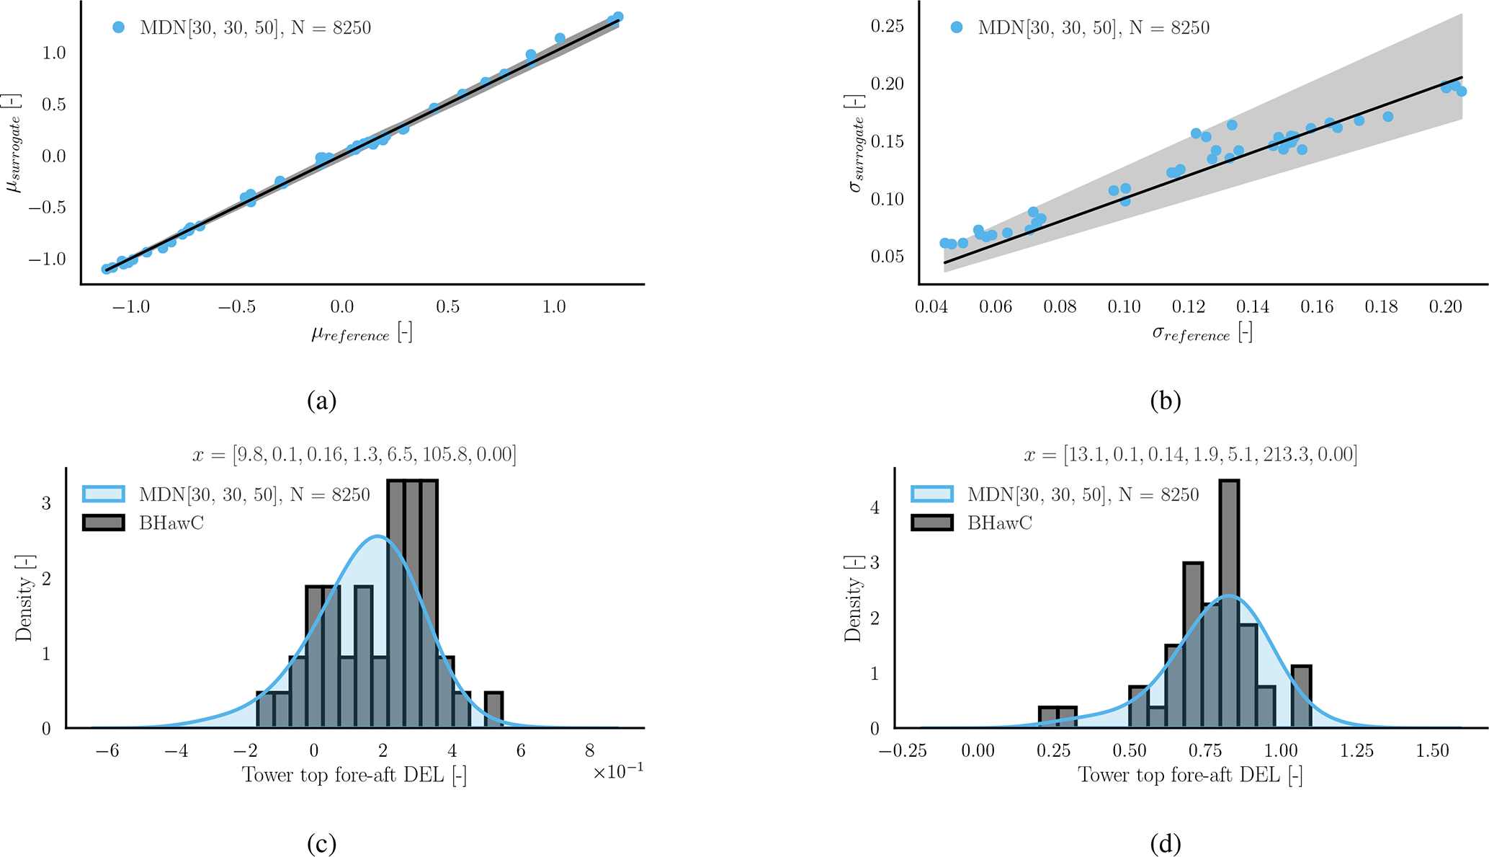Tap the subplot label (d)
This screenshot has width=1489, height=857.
pyautogui.click(x=1166, y=843)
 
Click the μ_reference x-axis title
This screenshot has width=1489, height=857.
pyautogui.click(x=362, y=333)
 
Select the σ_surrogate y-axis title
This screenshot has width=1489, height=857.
pyautogui.click(x=856, y=143)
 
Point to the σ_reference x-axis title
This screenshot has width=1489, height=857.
pyautogui.click(x=1202, y=333)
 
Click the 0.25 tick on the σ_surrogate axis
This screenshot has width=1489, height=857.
pyautogui.click(x=887, y=27)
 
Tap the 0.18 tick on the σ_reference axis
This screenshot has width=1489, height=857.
pyautogui.click(x=1381, y=307)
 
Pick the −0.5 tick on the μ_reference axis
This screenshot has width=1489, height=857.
pyautogui.click(x=236, y=307)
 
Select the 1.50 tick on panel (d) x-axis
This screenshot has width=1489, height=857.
pyautogui.click(x=1432, y=751)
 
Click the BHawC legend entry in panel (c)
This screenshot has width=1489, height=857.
pyautogui.click(x=171, y=523)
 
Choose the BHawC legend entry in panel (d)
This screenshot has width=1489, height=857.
pyautogui.click(x=999, y=523)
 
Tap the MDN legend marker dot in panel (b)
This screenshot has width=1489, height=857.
pyautogui.click(x=957, y=27)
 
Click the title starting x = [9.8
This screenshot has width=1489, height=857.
pyautogui.click(x=354, y=455)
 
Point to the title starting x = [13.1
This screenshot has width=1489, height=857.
pyautogui.click(x=1190, y=455)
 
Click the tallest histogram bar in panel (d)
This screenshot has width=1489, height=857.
pyautogui.click(x=1229, y=605)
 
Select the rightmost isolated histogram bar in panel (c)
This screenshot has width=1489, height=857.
pyautogui.click(x=493, y=710)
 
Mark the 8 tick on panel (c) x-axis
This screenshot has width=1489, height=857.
pyautogui.click(x=590, y=751)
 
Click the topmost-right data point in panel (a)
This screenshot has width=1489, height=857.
pyautogui.click(x=617, y=17)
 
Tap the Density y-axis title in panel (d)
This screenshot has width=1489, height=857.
pyautogui.click(x=854, y=609)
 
